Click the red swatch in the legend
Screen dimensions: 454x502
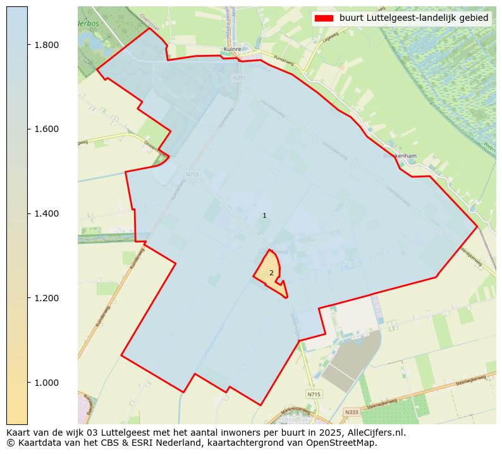324,18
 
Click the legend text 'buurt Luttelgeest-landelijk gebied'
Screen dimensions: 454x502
413,18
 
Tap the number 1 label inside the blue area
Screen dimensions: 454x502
264,216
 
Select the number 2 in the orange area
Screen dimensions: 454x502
271,273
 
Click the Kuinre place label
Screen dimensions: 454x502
232,49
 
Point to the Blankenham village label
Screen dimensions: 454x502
398,155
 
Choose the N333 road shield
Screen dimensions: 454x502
351,412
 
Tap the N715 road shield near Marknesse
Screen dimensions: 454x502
313,394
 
